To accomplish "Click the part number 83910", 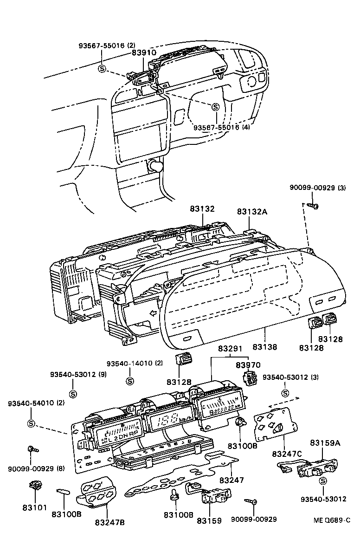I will tap(144, 53).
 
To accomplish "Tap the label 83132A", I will tap(252, 211).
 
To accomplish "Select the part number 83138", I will tap(264, 346).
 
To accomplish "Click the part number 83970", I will tap(248, 365).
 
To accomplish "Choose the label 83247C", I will tap(286, 453).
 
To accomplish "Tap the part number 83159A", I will tap(325, 443).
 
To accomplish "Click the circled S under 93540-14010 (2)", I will tap(130, 381).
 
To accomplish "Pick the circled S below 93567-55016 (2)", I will tap(102, 69).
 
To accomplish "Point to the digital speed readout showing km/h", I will tap(167, 422).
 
